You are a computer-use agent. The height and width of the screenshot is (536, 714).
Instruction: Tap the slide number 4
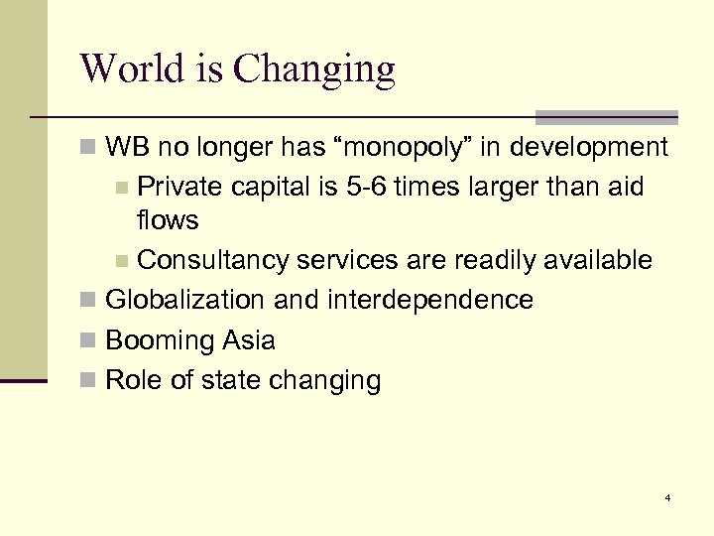click(x=668, y=497)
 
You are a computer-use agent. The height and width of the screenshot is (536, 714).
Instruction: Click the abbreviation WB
click(x=127, y=148)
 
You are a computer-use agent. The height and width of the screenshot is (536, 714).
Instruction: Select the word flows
click(x=169, y=219)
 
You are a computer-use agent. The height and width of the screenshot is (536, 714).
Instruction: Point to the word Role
click(x=131, y=380)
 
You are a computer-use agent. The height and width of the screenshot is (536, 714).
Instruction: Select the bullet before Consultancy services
click(x=122, y=261)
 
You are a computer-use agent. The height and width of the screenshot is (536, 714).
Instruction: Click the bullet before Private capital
click(x=122, y=188)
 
